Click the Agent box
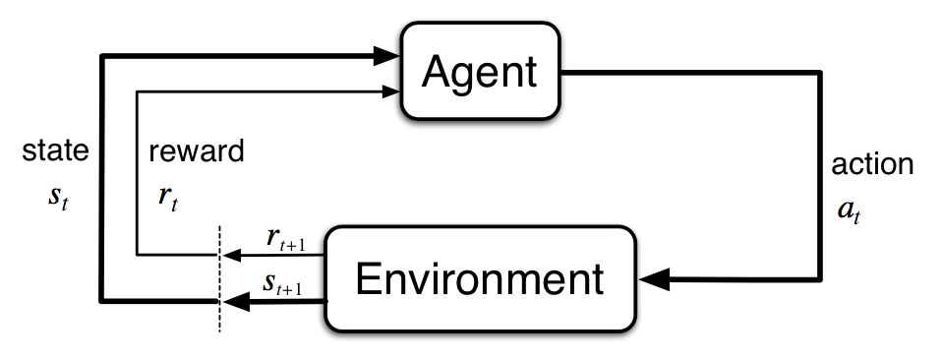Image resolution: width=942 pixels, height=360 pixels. [x=479, y=71]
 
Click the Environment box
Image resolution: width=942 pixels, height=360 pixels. [x=479, y=279]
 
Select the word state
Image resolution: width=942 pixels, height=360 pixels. [x=55, y=151]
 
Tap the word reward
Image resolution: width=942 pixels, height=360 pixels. [x=197, y=151]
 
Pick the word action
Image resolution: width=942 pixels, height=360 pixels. [x=872, y=163]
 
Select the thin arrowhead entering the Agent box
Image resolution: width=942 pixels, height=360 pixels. [x=392, y=91]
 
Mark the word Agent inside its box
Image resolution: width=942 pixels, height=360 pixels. [x=479, y=71]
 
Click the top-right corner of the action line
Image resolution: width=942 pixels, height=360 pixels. [x=819, y=72]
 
